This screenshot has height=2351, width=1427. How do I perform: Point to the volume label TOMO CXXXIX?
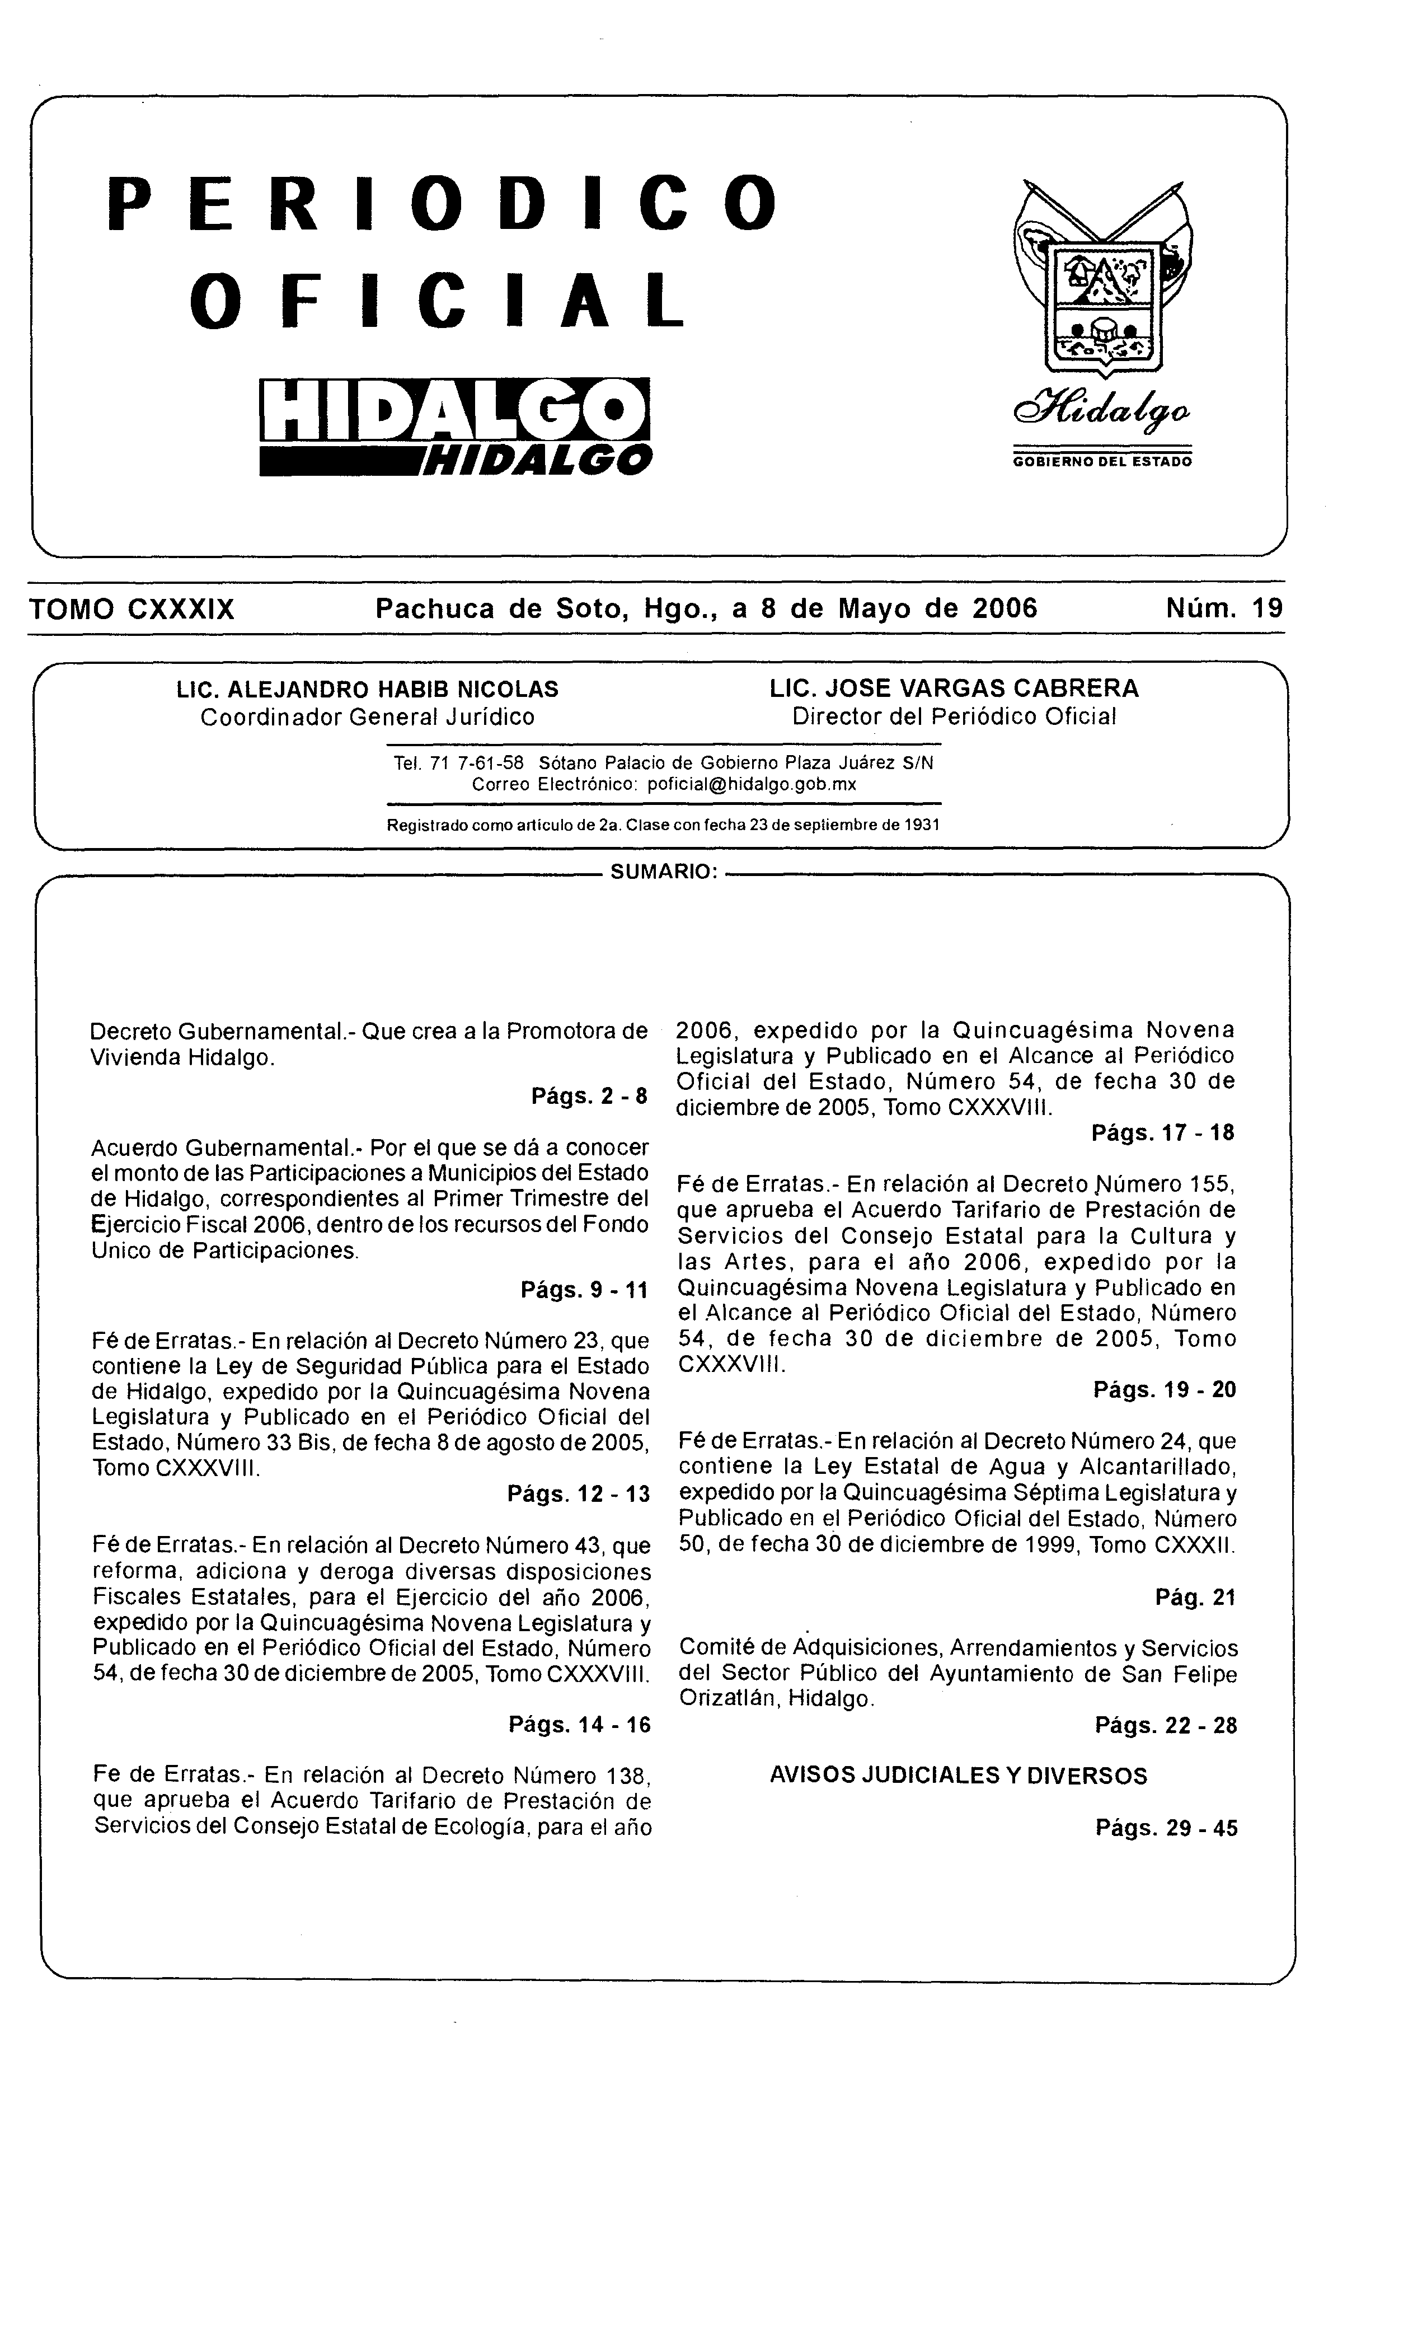point(133,610)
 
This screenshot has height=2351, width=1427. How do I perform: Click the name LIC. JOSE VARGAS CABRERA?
point(954,689)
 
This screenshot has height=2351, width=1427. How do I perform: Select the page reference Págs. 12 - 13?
point(579,1494)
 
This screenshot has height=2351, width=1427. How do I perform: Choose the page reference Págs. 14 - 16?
point(579,1724)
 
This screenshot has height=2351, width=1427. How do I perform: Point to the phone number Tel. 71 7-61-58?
point(459,764)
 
